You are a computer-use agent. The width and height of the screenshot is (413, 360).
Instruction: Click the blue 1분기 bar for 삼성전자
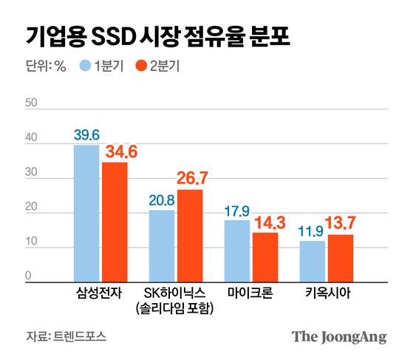[86, 213]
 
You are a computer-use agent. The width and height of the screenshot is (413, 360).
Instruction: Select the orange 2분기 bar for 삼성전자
[115, 222]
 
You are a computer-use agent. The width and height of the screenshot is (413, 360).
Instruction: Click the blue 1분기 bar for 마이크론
[236, 251]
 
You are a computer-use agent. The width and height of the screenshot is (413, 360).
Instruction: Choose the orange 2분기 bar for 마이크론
[264, 257]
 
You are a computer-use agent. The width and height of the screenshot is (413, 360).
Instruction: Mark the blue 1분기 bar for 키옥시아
[312, 261]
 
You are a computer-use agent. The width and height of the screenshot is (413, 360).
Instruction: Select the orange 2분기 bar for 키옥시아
[340, 258]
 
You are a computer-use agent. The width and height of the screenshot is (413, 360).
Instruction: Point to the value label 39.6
[86, 135]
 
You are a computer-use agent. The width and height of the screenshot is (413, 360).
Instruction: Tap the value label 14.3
[266, 221]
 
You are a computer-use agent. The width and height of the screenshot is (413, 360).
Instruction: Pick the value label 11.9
[312, 231]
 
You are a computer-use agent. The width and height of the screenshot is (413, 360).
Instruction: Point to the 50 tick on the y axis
[31, 103]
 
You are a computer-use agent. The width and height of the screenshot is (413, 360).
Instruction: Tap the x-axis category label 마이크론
[250, 293]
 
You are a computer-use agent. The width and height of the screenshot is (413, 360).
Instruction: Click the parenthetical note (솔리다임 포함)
[175, 308]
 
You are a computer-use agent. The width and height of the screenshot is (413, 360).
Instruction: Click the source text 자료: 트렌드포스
[66, 336]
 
